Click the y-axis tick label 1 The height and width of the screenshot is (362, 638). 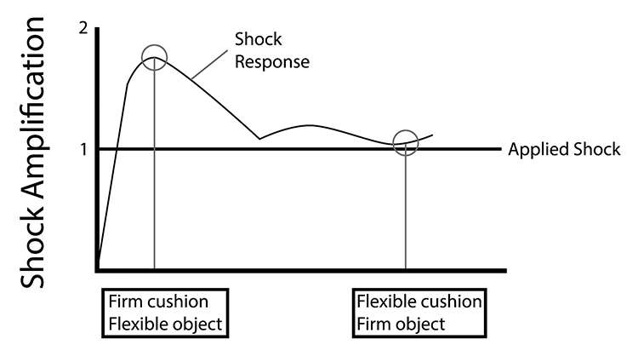(x=83, y=150)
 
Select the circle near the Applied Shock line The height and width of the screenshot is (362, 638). (x=406, y=142)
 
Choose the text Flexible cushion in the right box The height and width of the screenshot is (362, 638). (x=419, y=302)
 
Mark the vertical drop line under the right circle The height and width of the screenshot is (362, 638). (x=406, y=213)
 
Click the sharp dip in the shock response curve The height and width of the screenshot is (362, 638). (x=259, y=138)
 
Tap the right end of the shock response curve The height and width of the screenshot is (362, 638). (x=433, y=135)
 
